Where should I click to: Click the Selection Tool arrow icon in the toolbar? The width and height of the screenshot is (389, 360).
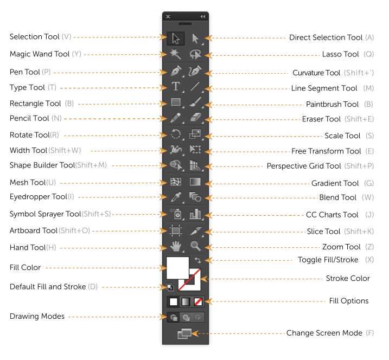[x=176, y=38]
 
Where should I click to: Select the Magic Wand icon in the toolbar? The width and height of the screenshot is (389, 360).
[x=175, y=54]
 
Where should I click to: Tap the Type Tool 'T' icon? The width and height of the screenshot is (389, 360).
[x=176, y=86]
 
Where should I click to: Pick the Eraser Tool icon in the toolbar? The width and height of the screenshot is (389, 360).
[x=195, y=117]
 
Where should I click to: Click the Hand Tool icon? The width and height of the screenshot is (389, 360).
[x=176, y=246]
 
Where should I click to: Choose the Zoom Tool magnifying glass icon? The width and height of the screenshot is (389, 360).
[x=195, y=246]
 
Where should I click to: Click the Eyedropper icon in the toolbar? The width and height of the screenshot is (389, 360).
[x=176, y=197]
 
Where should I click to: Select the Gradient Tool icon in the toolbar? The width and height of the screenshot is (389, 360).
[x=195, y=182]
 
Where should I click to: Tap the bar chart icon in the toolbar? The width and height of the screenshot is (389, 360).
[x=195, y=214]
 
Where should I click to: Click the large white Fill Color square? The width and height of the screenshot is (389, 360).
[x=177, y=268]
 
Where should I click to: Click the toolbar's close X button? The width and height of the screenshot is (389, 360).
[x=168, y=17]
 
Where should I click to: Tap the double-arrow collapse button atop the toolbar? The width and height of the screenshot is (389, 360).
[x=203, y=17]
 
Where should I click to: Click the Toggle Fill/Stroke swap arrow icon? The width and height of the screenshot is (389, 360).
[x=197, y=260]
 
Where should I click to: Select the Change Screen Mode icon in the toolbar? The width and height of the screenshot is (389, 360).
[x=184, y=333]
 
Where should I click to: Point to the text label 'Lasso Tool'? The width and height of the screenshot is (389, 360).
[x=340, y=54]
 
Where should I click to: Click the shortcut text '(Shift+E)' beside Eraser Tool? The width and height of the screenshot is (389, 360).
[x=359, y=119]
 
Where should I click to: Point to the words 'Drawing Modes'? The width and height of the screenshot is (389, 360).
[x=37, y=317]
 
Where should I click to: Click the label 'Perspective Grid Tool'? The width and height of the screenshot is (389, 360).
[x=304, y=166]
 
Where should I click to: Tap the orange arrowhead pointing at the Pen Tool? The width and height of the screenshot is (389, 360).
[x=163, y=73]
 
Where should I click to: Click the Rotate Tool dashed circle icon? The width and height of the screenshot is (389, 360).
[x=176, y=134]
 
